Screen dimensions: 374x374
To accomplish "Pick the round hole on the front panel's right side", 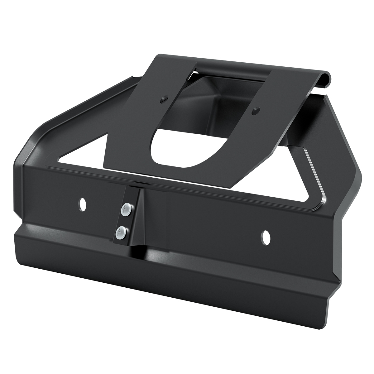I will (266, 237).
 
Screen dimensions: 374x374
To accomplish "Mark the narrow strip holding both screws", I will (125, 220).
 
